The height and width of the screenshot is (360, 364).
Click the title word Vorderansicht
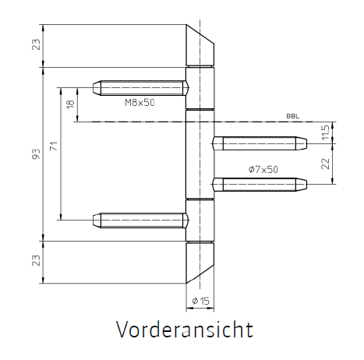pyautogui.click(x=185, y=329)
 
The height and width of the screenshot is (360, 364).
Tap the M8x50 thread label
pyautogui.click(x=140, y=103)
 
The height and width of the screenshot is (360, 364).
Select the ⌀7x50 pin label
pyautogui.click(x=263, y=170)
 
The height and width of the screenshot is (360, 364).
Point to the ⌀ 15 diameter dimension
pyautogui.click(x=200, y=301)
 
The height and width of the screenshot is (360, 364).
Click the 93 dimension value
pyautogui.click(x=37, y=154)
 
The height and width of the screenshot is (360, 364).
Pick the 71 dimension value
pyautogui.click(x=54, y=146)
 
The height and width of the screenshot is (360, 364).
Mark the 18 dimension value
pyautogui.click(x=70, y=104)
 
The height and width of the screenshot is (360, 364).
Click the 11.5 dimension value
pyautogui.click(x=325, y=132)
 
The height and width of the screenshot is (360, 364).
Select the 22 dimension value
pyautogui.click(x=325, y=164)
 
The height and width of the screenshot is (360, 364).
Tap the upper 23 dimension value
pyautogui.click(x=37, y=44)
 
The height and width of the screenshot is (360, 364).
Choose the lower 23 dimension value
pyautogui.click(x=37, y=260)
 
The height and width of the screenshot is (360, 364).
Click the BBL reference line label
pyautogui.click(x=293, y=116)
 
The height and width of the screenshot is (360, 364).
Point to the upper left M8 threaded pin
pyautogui.click(x=140, y=88)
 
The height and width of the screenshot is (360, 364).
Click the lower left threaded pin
pyautogui.click(x=140, y=221)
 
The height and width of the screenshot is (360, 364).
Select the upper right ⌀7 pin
pyautogui.click(x=260, y=143)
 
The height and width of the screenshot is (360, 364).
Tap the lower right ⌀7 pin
pyautogui.click(x=260, y=185)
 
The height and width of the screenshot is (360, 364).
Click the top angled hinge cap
pyautogui.click(x=199, y=47)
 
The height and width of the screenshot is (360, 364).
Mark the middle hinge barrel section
pyautogui.click(x=200, y=154)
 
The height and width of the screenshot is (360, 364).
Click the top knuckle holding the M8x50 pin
pyautogui.click(x=200, y=88)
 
